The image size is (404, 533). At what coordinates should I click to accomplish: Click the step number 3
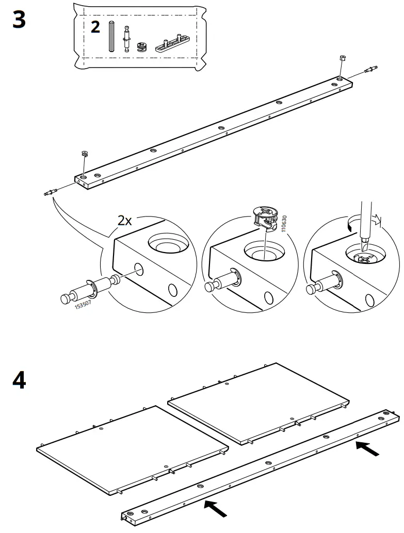19,20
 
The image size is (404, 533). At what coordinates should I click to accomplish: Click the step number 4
19,381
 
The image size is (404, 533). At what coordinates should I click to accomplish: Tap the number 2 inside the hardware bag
95,27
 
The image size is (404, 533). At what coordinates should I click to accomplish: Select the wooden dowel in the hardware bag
111,36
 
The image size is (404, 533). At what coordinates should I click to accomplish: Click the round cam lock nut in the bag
141,47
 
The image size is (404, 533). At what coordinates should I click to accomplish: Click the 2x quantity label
124,221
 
